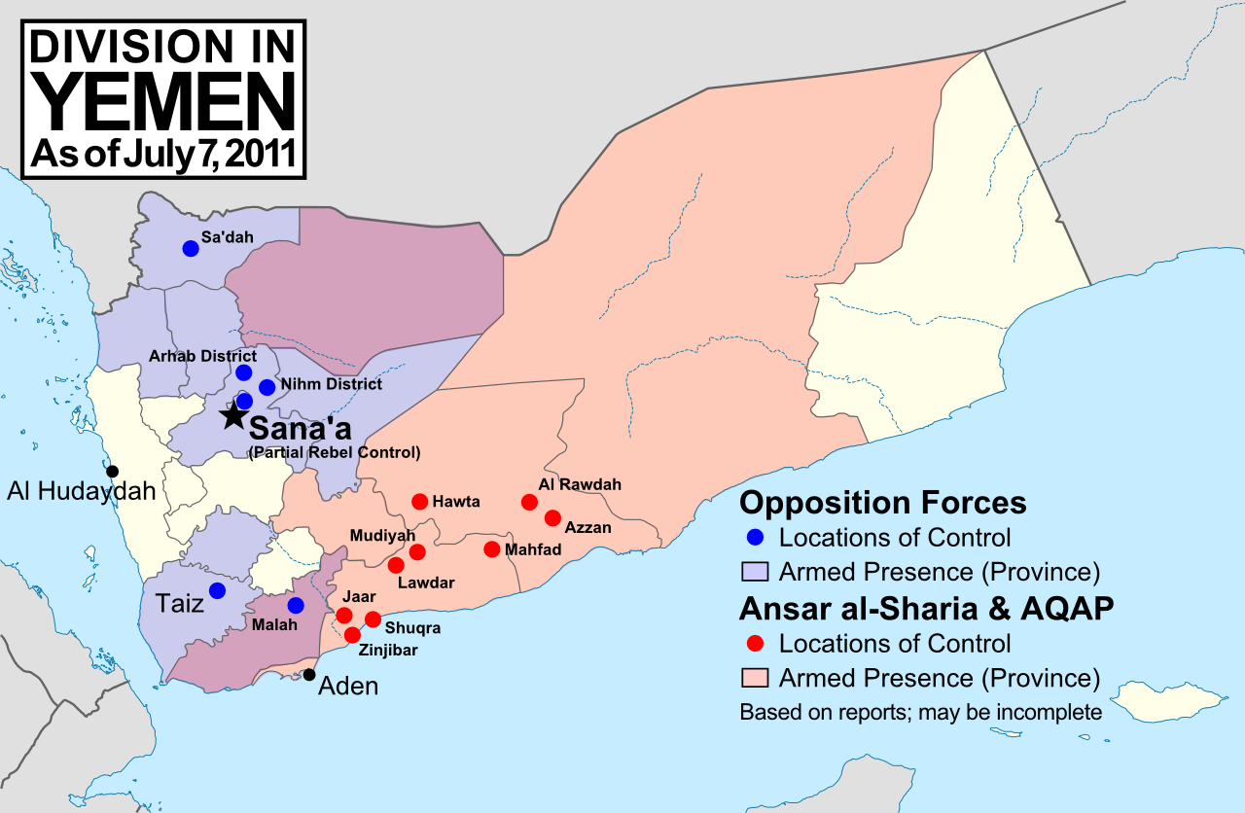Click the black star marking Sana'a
pos(232,415)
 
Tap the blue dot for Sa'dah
pos(191,248)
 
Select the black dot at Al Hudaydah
pos(113,472)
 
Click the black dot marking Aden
pos(309,675)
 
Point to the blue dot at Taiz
pos(217,590)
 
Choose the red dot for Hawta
pos(419,502)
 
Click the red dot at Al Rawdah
pos(529,502)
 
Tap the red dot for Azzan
pos(552,517)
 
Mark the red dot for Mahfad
pos(491,549)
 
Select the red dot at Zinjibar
pos(352,635)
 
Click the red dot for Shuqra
pos(373,619)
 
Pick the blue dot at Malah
pos(296,605)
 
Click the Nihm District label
pos(331,384)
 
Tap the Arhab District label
pos(202,356)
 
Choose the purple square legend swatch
pos(756,570)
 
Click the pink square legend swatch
pos(756,677)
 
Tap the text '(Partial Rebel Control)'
pos(335,453)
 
